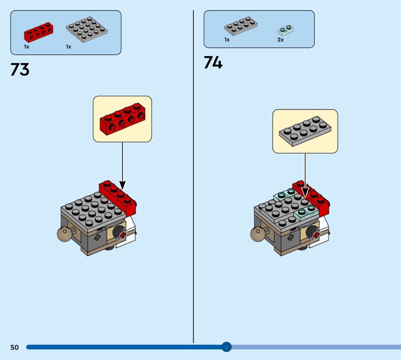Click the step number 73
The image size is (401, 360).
coord(20,70)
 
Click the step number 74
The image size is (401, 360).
coord(213,63)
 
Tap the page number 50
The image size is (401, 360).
coord(14,347)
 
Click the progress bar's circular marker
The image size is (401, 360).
coord(226,346)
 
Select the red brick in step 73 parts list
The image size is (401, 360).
coord(38,32)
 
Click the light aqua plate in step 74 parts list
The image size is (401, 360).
coord(285,30)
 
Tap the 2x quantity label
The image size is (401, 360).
coord(281,40)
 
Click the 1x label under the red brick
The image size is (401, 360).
coord(27,46)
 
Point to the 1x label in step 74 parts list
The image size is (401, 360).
coord(227,40)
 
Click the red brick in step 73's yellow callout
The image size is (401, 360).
coord(122,118)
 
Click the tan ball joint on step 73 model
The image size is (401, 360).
coord(64,235)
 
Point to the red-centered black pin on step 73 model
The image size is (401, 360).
coord(121,232)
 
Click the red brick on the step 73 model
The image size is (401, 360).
coord(119,195)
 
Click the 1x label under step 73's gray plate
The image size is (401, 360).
coord(68,46)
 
